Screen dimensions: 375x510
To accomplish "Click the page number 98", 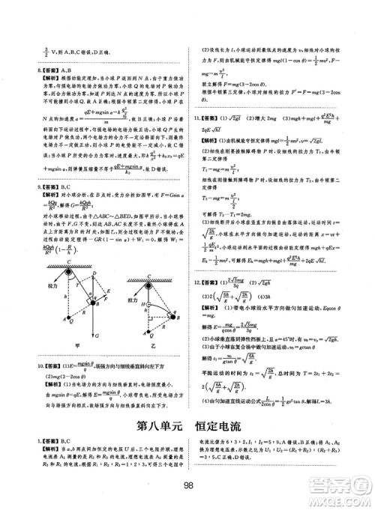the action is (187, 484).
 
